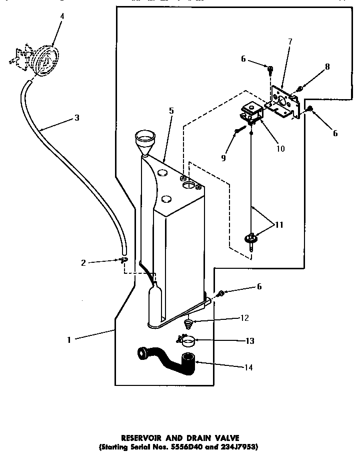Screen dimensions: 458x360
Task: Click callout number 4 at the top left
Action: [x=62, y=17]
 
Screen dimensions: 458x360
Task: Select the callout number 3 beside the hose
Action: [x=76, y=118]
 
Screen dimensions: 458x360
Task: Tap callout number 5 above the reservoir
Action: [x=171, y=111]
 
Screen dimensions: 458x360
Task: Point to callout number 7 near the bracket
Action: [x=290, y=41]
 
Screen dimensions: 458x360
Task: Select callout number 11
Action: [x=278, y=225]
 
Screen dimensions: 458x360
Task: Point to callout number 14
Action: [x=248, y=367]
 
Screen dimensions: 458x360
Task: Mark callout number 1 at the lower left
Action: [x=68, y=339]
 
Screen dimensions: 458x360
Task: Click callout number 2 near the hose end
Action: [x=83, y=261]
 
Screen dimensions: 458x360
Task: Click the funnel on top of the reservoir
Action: [x=146, y=139]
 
